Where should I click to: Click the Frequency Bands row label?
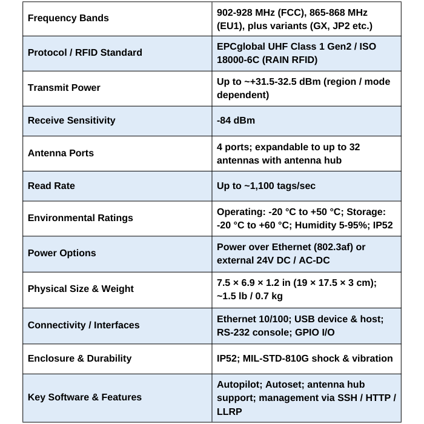(x=68, y=18)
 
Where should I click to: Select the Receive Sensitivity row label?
(x=71, y=120)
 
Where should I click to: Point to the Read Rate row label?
(x=51, y=185)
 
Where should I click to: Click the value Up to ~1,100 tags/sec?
(x=266, y=185)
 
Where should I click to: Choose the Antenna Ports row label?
(x=61, y=153)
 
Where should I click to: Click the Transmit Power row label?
(x=64, y=87)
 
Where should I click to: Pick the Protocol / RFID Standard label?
(x=85, y=52)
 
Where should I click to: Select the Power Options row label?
(x=62, y=253)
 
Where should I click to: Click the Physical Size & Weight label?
(x=81, y=288)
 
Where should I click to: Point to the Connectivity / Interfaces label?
(x=84, y=325)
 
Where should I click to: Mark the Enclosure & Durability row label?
(x=79, y=358)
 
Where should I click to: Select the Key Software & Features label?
(x=85, y=397)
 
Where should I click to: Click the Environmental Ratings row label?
(x=80, y=218)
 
